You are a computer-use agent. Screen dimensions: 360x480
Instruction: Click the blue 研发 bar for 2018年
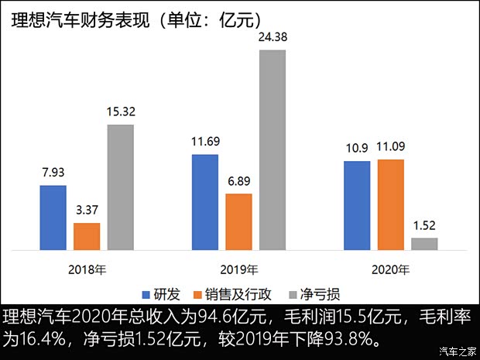(53, 218)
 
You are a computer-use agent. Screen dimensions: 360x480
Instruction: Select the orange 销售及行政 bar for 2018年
(87, 236)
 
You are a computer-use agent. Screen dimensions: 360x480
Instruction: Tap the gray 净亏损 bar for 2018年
(120, 187)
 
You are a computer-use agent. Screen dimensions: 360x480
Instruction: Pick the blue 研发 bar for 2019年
(204, 202)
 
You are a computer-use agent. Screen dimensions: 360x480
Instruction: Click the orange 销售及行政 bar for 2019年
(238, 221)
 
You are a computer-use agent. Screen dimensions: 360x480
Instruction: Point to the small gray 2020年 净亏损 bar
(423, 244)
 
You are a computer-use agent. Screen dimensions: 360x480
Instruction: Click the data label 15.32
(120, 112)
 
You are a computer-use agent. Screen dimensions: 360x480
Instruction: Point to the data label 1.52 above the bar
(423, 226)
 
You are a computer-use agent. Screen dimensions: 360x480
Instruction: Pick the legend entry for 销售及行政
(236, 294)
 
